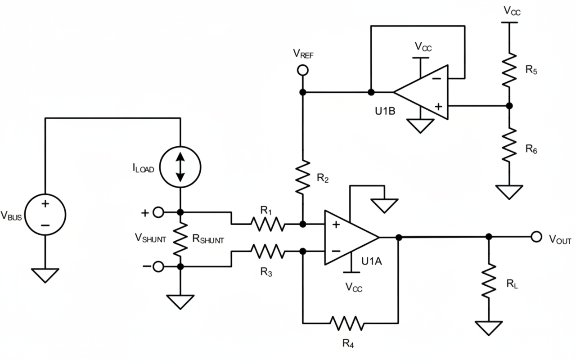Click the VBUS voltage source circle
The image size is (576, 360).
(x=45, y=211)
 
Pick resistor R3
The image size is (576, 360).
(x=267, y=251)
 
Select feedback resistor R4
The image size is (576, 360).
(x=346, y=323)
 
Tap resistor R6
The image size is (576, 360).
(x=509, y=144)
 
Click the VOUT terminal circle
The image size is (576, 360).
(x=535, y=237)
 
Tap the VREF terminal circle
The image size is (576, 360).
(x=303, y=70)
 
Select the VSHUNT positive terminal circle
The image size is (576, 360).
(x=158, y=212)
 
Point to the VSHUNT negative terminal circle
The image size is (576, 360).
(x=158, y=267)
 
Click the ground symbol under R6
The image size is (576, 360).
(x=509, y=192)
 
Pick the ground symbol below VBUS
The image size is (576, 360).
(x=45, y=275)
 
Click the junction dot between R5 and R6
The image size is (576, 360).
(x=509, y=106)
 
